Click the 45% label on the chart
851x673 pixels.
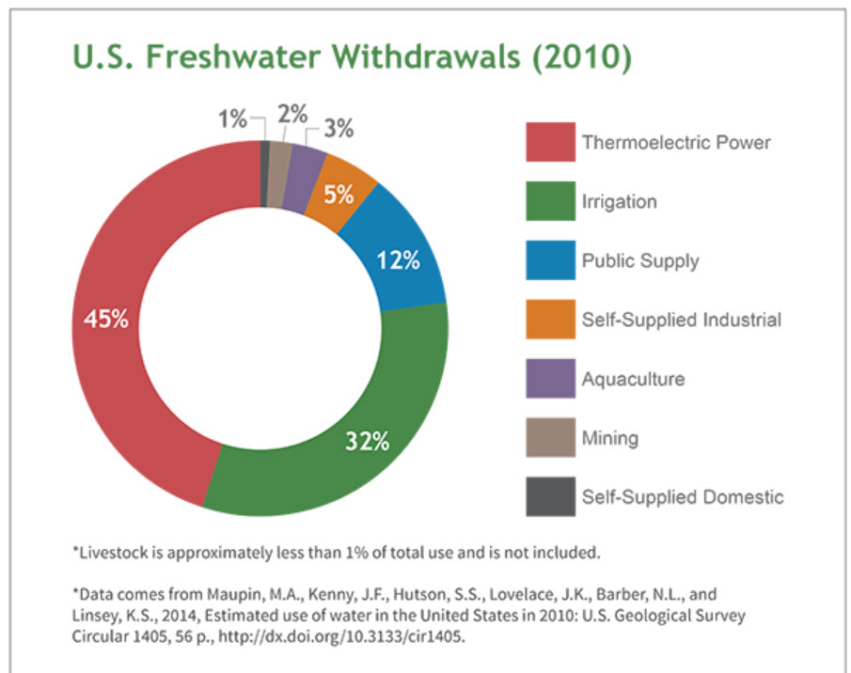pos(104,319)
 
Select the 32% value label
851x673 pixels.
pos(366,441)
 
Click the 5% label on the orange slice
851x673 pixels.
pos(339,195)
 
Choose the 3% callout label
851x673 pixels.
pos(339,130)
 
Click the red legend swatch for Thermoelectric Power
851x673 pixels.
pos(550,142)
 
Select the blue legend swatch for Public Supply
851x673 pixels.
pos(550,260)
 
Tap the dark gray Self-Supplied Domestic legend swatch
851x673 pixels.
pos(550,496)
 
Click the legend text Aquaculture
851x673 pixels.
pos(633,379)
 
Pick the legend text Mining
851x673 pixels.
pos(609,438)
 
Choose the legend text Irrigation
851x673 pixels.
pos(619,201)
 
